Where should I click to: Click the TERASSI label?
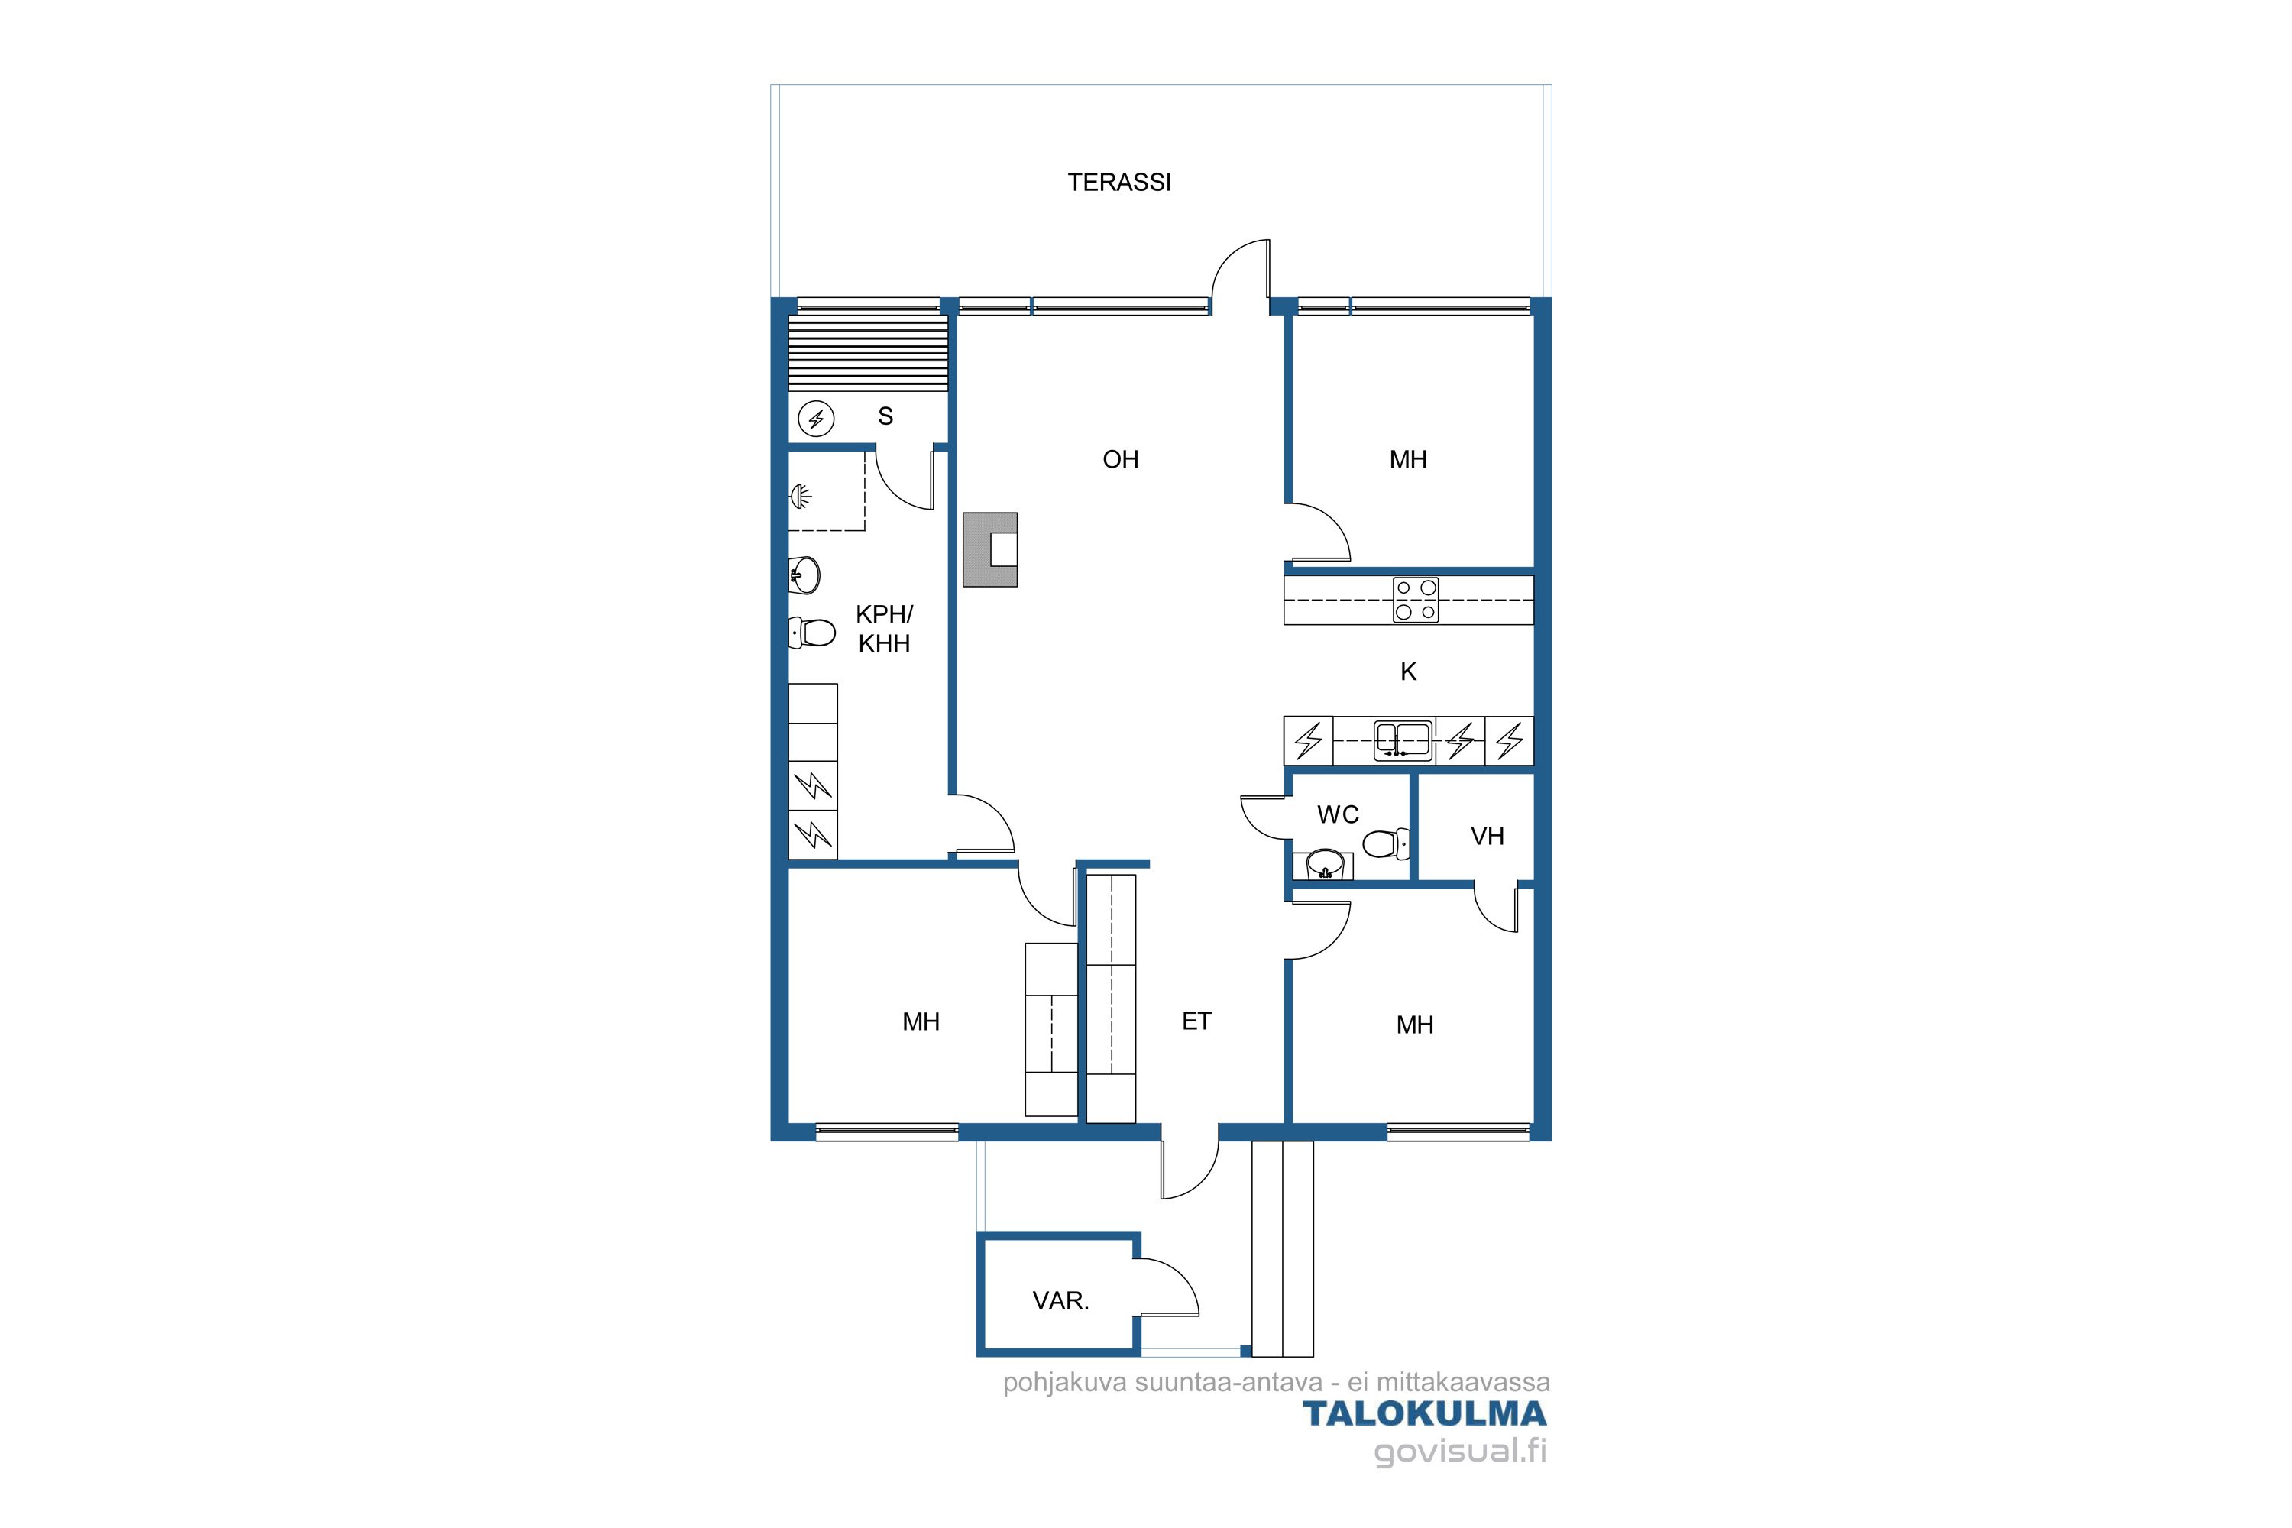1118,183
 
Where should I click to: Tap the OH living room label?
1121,459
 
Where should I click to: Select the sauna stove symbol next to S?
816,419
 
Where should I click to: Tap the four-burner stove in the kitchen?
1415,599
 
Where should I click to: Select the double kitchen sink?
1402,740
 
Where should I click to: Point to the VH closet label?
1487,836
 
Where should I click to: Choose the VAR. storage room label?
1060,1300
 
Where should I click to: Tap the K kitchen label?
1408,672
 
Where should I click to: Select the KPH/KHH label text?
884,629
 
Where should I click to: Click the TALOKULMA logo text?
1425,1414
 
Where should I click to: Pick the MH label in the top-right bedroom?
1408,459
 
